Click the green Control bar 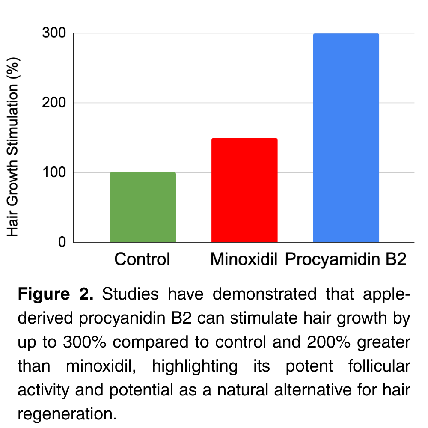(143, 208)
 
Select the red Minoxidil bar (244, 190)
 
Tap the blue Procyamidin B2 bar (346, 138)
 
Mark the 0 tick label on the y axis (62, 242)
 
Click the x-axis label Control (142, 259)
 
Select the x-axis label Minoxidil (244, 259)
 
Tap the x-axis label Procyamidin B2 (345, 259)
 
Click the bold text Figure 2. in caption (55, 294)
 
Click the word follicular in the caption (376, 366)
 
